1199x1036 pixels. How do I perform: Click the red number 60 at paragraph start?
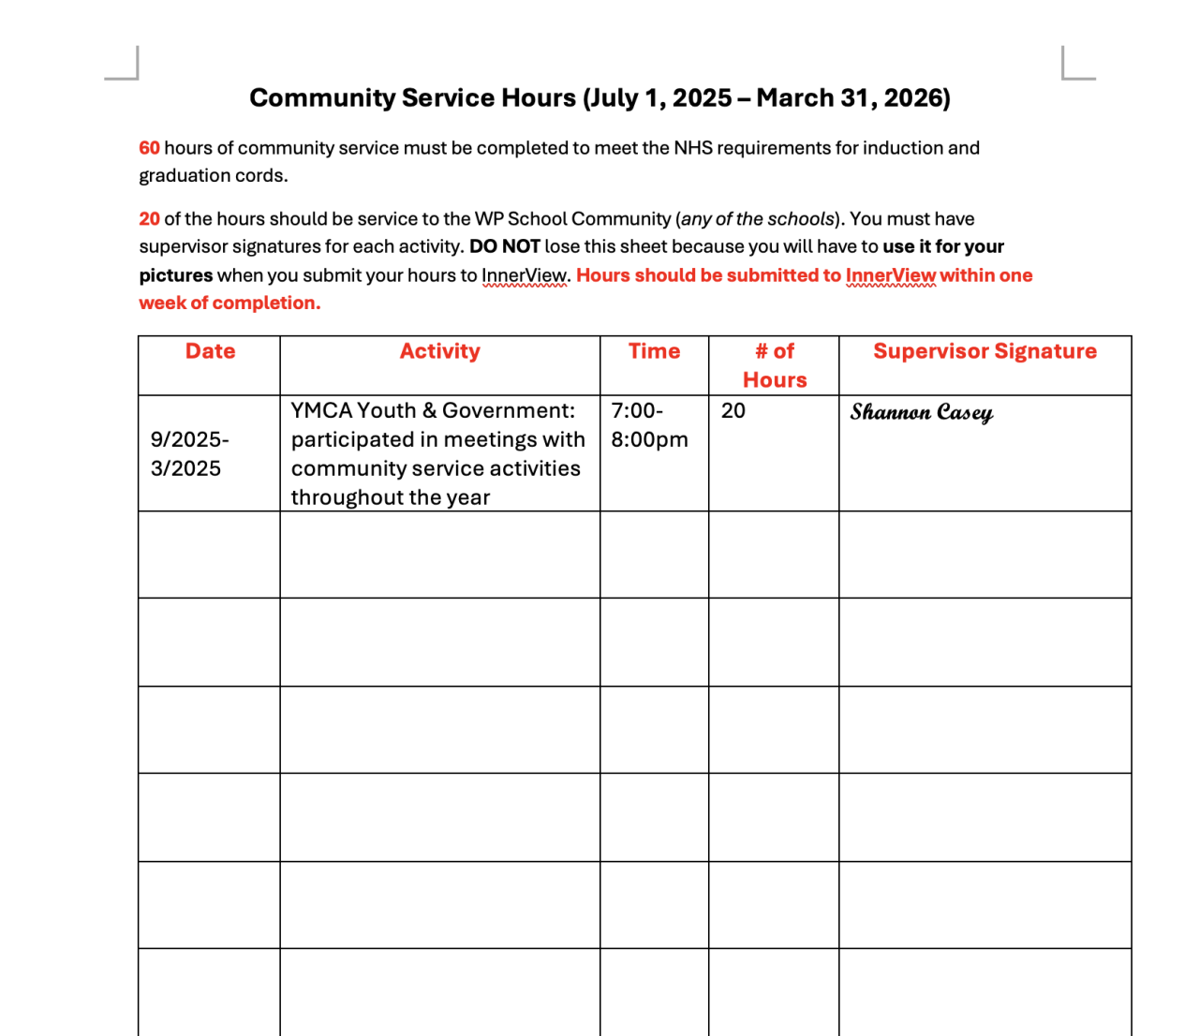[x=149, y=148]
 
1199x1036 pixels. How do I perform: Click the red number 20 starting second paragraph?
[x=149, y=219]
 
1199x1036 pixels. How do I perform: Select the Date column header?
[x=210, y=351]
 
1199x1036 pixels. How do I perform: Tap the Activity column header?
[x=439, y=351]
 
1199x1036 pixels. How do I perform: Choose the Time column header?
[x=654, y=351]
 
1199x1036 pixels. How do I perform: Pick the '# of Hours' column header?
[x=775, y=365]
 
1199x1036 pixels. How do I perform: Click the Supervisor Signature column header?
[x=984, y=351]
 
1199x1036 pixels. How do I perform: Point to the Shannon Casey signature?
[x=922, y=412]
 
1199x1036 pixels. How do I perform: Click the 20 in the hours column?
[x=733, y=410]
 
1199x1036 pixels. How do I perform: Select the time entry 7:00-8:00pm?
[x=649, y=425]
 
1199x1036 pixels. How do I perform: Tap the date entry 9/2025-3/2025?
[x=189, y=454]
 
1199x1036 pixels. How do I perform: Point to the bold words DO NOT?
[x=504, y=247]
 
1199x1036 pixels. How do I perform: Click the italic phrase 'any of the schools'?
[x=757, y=219]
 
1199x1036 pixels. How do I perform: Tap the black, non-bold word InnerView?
[x=524, y=276]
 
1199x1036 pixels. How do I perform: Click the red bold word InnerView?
[x=890, y=275]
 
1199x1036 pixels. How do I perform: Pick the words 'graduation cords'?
[x=212, y=176]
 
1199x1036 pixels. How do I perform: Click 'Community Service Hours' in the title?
[x=412, y=98]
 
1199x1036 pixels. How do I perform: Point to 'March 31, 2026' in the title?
[x=852, y=98]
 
